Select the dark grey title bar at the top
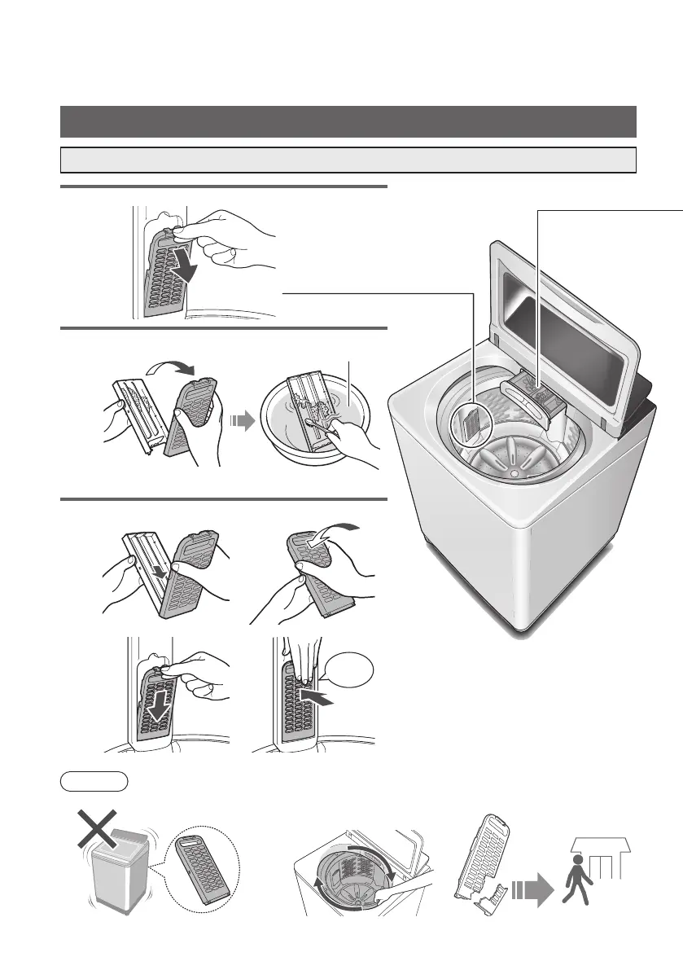[348, 121]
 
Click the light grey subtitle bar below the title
[348, 160]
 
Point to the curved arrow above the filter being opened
[169, 371]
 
